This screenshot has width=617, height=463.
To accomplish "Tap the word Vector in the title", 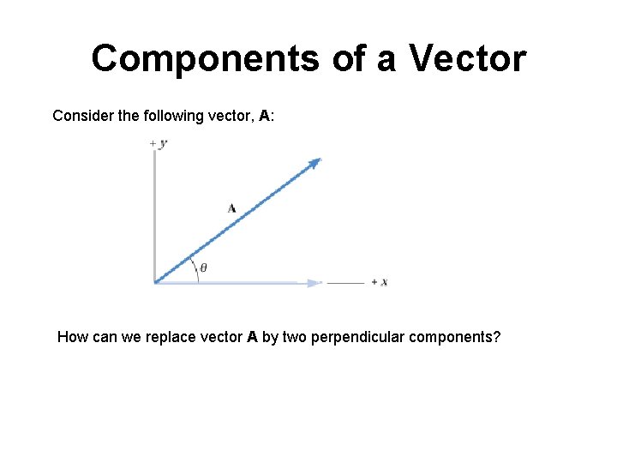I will click(x=467, y=58).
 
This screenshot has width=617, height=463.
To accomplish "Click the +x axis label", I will click(x=379, y=282).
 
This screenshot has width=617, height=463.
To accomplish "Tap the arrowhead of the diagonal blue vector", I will click(x=315, y=162).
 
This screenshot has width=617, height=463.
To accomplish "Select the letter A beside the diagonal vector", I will click(x=231, y=207).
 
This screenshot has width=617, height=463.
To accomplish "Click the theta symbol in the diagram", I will click(x=203, y=268).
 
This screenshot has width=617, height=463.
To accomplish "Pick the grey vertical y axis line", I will click(x=154, y=214).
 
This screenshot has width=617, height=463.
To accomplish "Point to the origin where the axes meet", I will click(x=155, y=281).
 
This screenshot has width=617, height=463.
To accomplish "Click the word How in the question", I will click(x=72, y=337).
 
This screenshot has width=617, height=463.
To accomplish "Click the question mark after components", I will click(x=496, y=337).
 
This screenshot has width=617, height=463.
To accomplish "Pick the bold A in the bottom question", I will click(x=252, y=337).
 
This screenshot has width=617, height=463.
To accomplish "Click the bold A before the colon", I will click(x=265, y=115).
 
